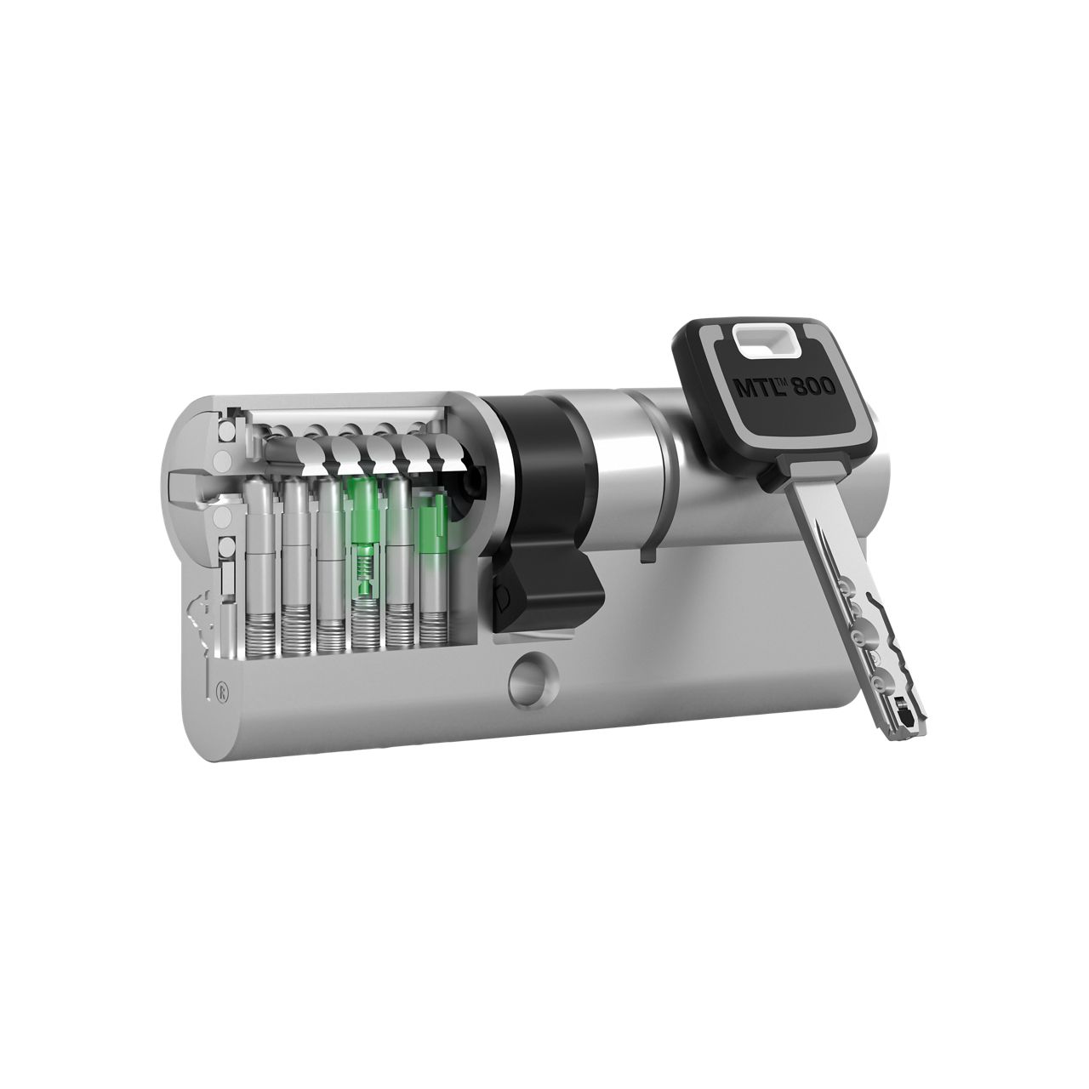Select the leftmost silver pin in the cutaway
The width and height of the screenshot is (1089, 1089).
click(x=258, y=544)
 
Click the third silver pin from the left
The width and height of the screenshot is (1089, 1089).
click(x=328, y=544)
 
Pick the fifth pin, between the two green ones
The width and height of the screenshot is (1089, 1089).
click(x=397, y=544)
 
